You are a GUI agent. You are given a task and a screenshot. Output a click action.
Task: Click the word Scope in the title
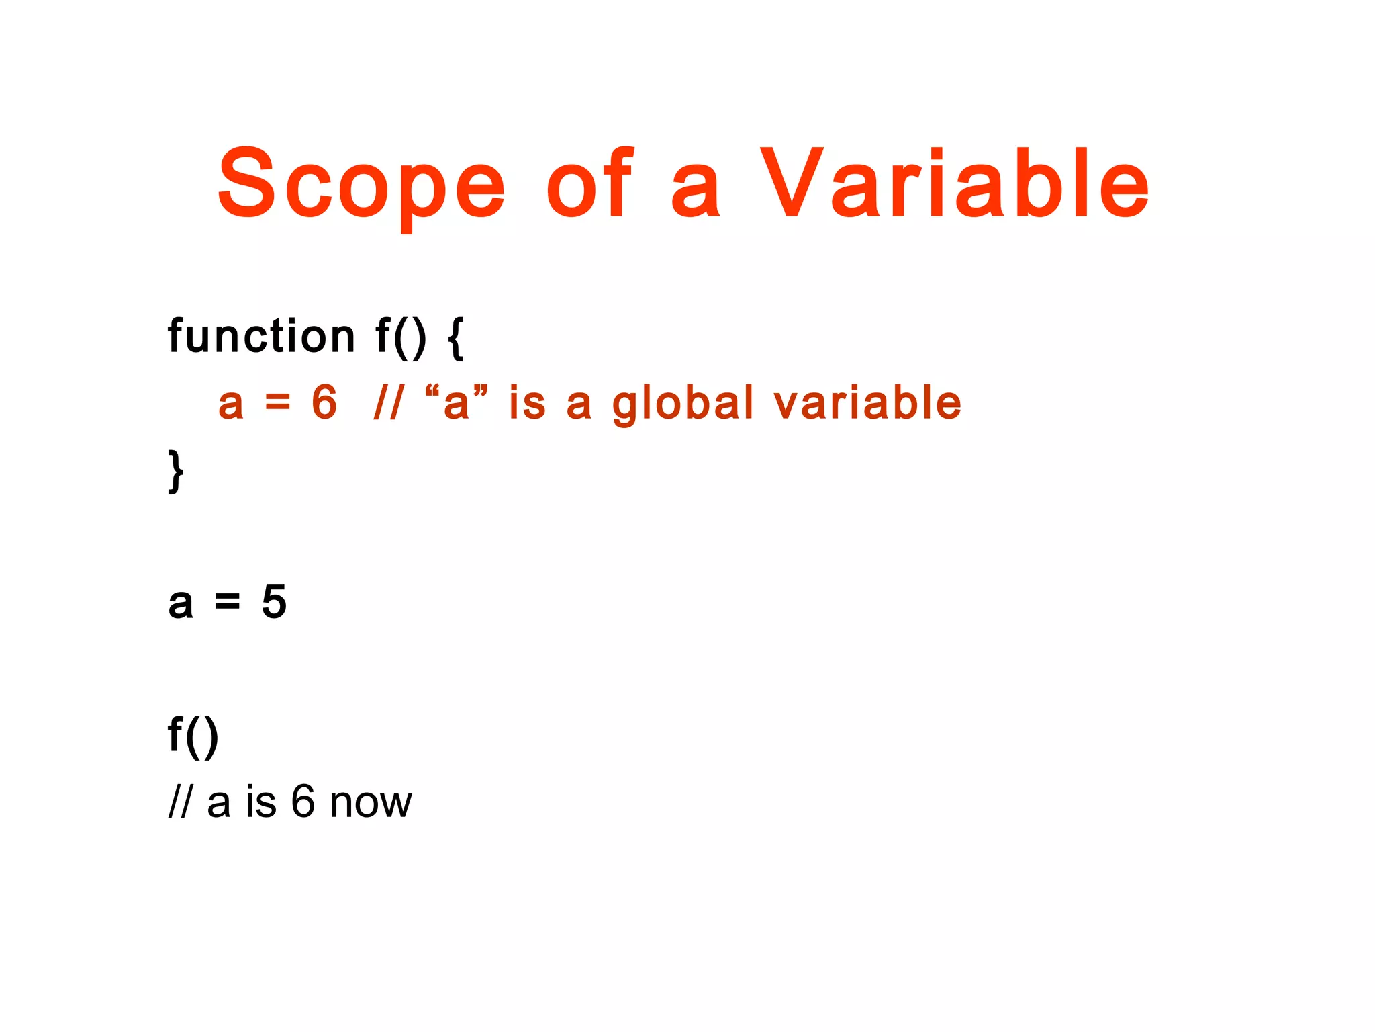pos(361,185)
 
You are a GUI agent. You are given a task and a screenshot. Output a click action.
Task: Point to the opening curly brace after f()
pos(455,339)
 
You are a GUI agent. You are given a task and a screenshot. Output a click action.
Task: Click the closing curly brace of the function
pos(175,472)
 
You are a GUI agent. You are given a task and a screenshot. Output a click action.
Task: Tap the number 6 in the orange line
pos(324,402)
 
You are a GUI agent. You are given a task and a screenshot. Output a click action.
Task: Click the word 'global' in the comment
pos(683,404)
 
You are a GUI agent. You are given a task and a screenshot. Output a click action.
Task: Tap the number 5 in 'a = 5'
pos(274,601)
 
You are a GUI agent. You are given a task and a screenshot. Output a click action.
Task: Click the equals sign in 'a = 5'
pos(227,603)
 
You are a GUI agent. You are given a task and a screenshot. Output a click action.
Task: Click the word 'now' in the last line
pos(371,802)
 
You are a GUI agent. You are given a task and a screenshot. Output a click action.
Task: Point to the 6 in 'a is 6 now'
pos(303,801)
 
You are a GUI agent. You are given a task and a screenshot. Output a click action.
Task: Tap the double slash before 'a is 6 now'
pos(180,802)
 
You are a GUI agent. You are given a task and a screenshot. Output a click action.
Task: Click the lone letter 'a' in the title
pos(696,191)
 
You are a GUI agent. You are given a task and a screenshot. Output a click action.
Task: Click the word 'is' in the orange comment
pos(527,402)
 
